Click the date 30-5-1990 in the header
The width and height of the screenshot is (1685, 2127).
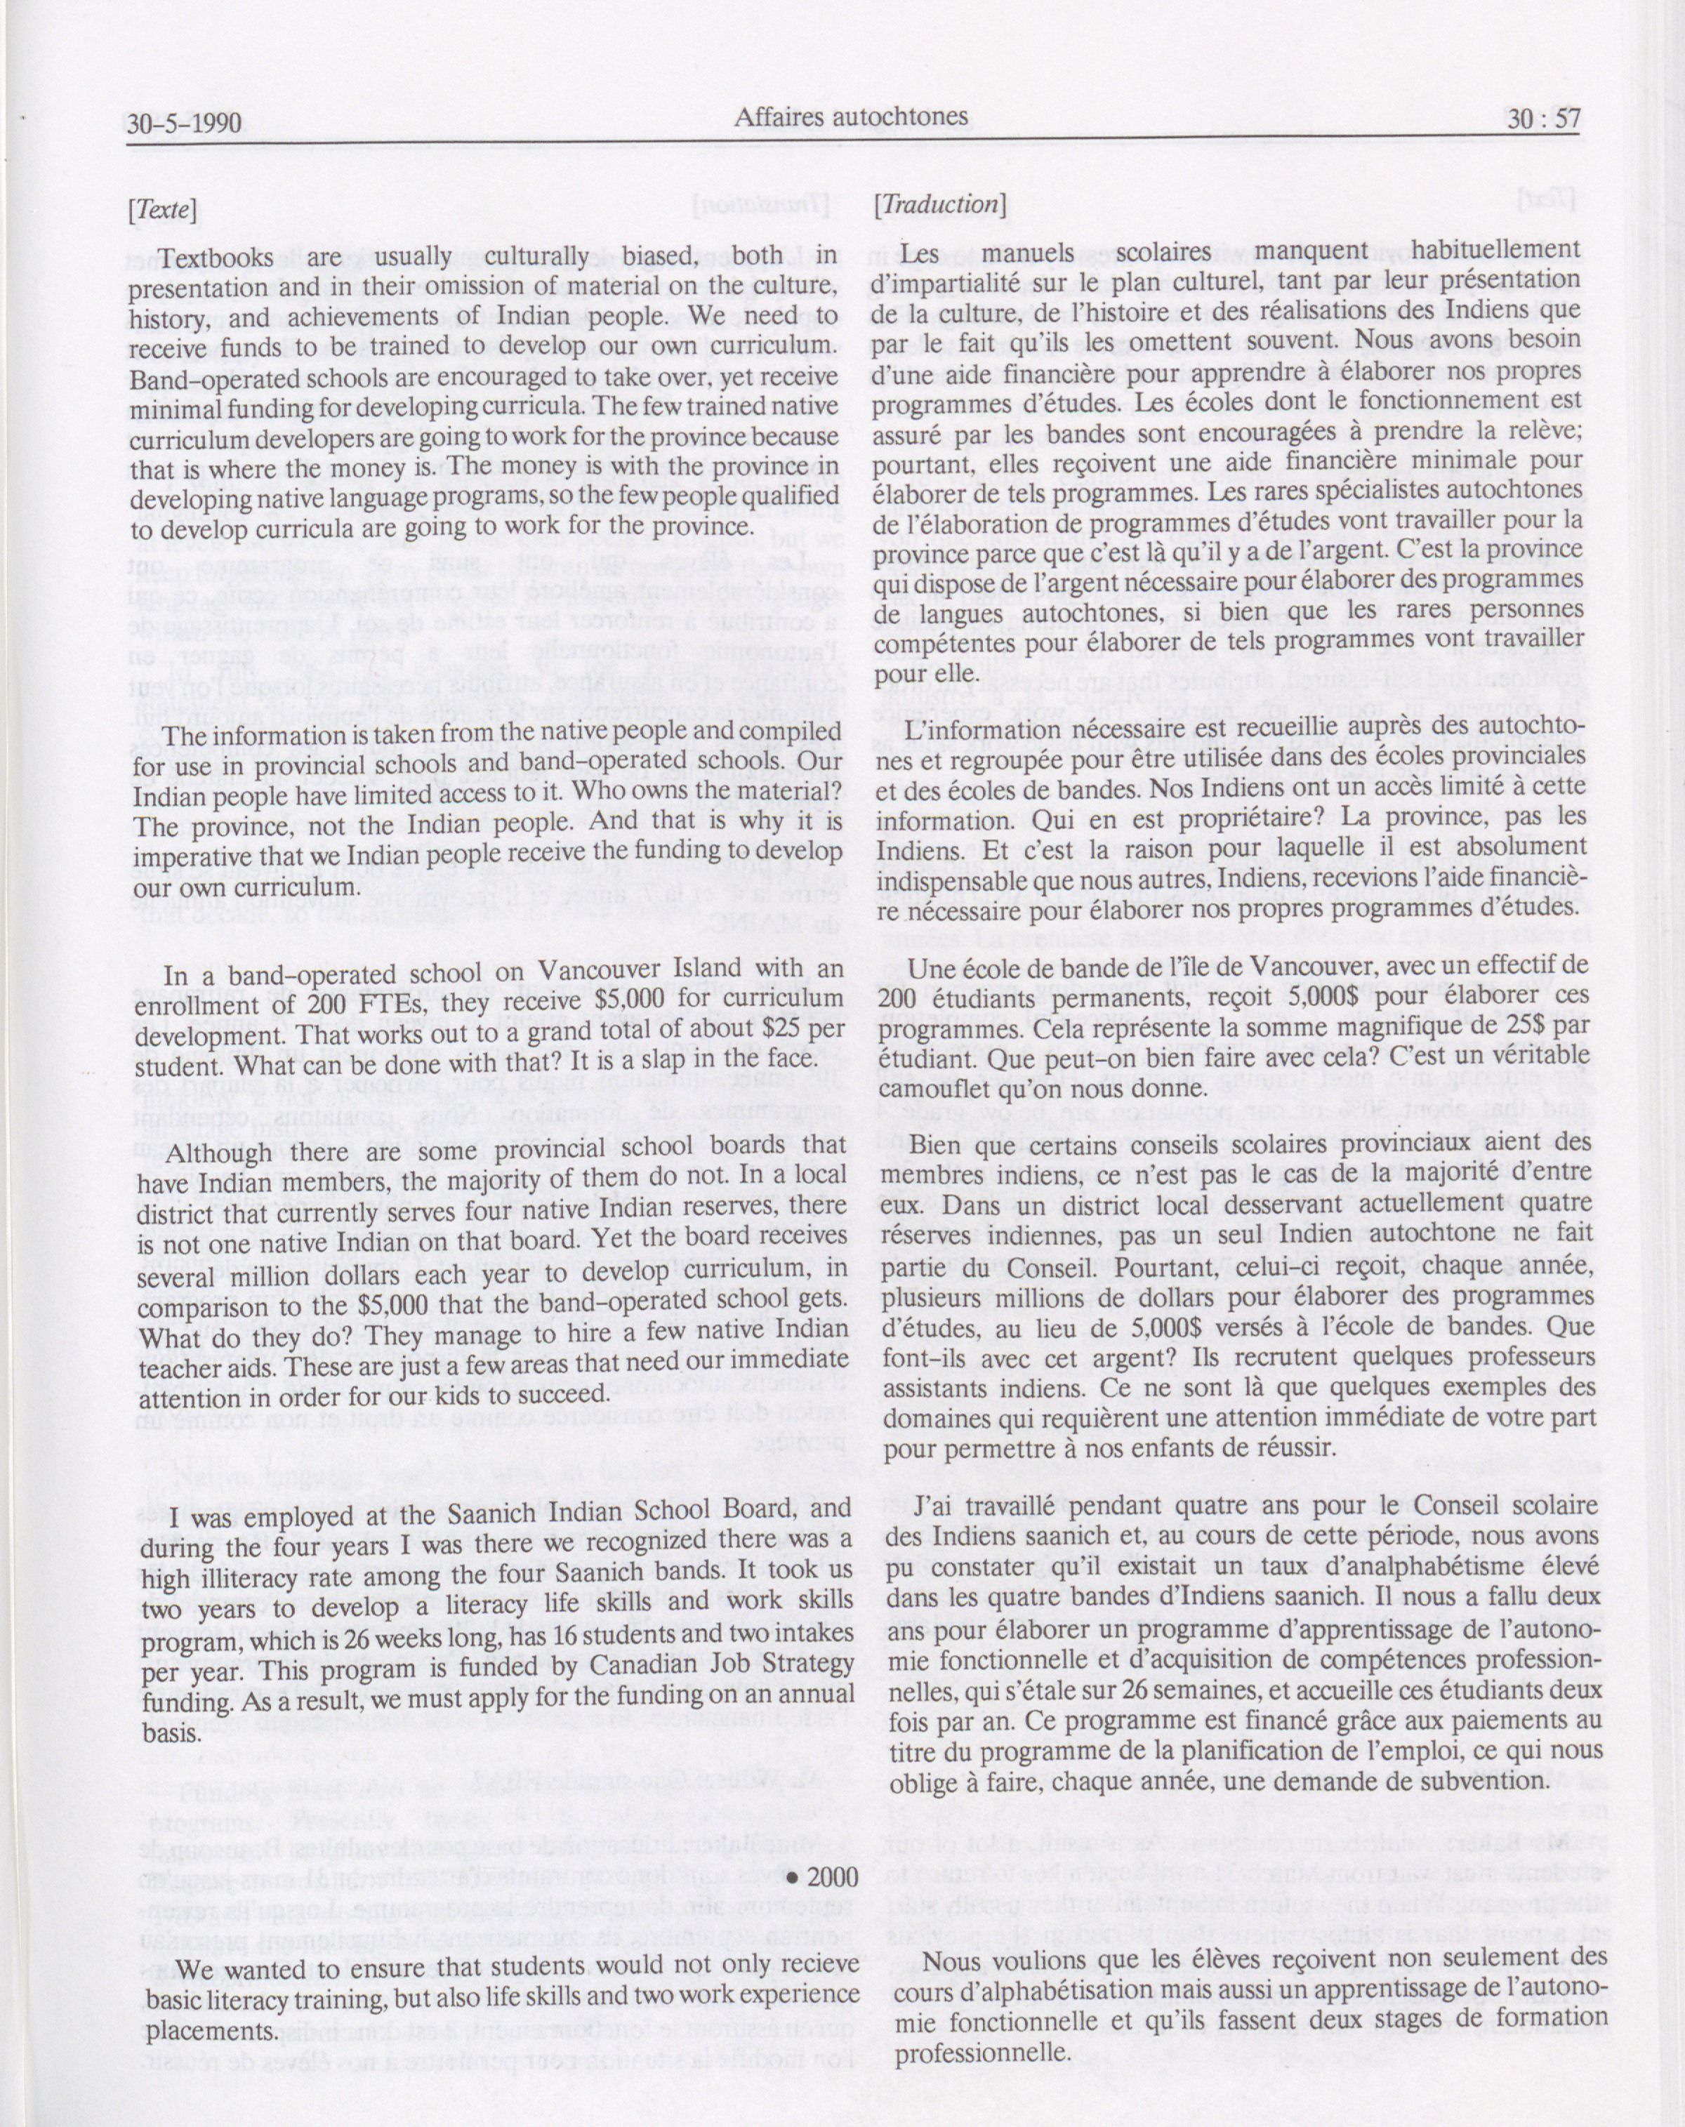point(185,124)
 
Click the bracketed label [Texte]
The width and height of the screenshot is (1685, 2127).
point(161,209)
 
